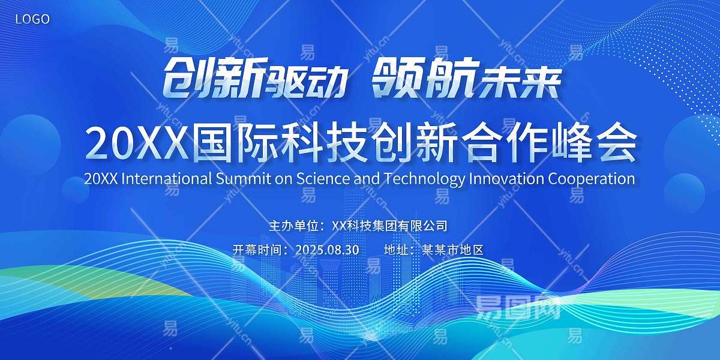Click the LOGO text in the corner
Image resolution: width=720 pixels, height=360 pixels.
(x=32, y=19)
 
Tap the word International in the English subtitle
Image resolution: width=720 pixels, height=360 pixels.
(x=167, y=179)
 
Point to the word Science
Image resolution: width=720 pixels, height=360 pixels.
(x=323, y=179)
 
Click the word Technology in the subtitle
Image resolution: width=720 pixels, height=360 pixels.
(x=425, y=179)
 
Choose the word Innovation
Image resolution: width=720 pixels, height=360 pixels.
(x=506, y=179)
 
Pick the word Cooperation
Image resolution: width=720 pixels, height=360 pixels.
(x=592, y=179)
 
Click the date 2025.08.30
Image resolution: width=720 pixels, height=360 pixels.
(x=327, y=250)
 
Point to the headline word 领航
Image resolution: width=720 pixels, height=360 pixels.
(x=424, y=79)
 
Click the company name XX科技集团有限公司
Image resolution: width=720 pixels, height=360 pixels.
(x=389, y=226)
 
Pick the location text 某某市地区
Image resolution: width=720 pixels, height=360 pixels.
(x=453, y=250)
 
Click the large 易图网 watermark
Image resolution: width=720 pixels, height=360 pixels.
(x=518, y=307)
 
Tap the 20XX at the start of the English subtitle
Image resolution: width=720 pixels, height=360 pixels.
(x=101, y=179)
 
